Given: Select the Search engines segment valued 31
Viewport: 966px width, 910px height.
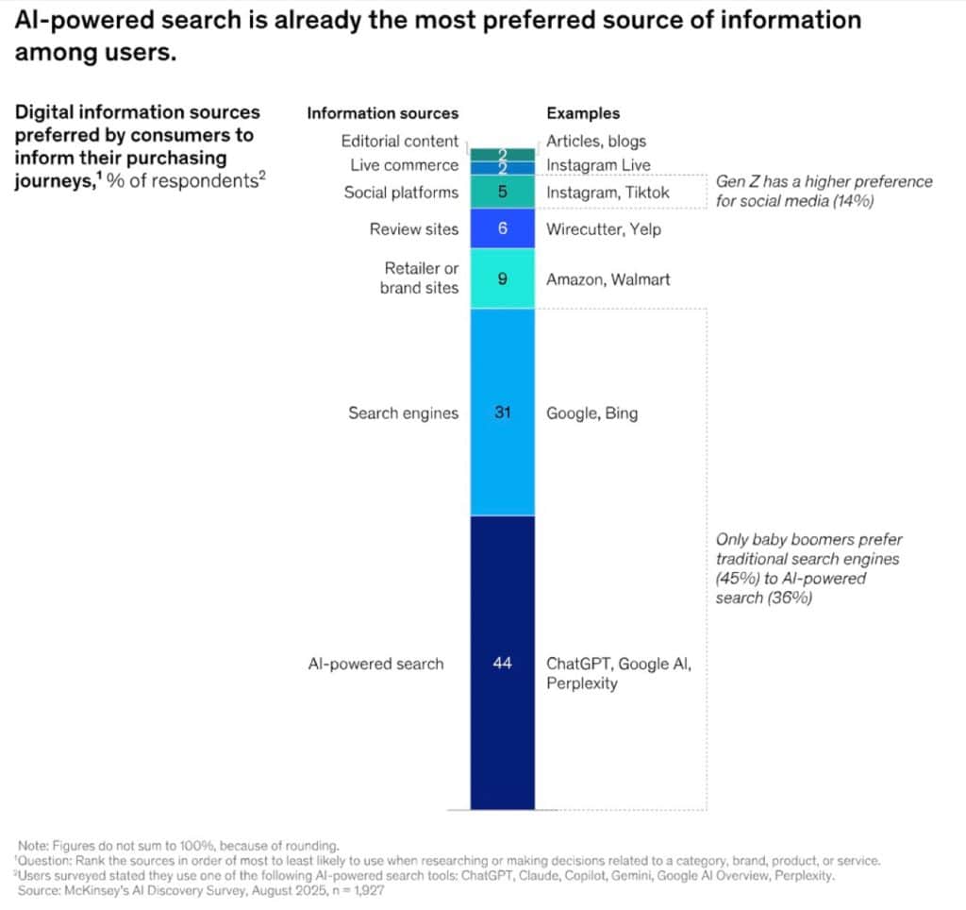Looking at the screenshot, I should point(502,453).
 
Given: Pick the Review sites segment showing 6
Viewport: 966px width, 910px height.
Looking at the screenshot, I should point(502,228).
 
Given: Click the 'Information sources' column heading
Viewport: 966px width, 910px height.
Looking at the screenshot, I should point(382,113).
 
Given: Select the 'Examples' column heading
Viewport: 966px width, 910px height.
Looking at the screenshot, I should point(583,113).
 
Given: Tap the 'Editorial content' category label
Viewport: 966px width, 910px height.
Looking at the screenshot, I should point(400,142).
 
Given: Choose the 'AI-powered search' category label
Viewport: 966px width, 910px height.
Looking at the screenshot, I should point(375,664).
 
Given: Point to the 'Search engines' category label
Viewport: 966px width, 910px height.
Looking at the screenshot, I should point(403,413).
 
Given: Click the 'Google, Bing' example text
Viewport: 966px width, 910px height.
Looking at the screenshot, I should point(591,413).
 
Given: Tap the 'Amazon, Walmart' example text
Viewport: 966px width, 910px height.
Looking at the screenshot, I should point(608,279).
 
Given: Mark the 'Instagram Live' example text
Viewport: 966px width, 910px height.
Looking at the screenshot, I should point(598,165).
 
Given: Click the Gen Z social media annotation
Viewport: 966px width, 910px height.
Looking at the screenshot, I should point(824,191).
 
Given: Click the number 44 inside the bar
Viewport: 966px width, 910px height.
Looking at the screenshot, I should point(502,664).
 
